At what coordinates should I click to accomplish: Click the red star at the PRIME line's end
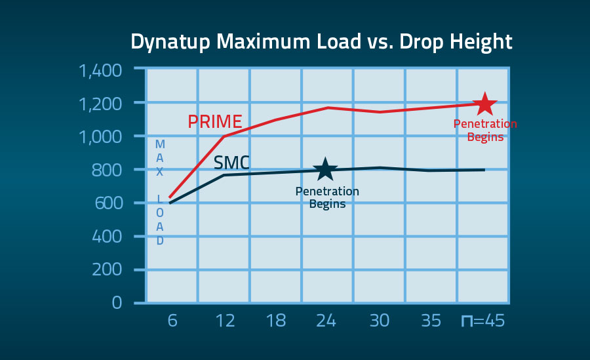484,104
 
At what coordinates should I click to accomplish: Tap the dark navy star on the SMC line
326,170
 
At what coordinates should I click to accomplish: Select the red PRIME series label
215,122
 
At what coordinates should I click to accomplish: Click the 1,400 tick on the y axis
100,70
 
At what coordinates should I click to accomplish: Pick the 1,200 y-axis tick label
100,104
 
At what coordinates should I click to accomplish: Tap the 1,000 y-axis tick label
100,137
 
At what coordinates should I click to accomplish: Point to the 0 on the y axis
117,303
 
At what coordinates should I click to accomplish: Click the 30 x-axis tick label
379,322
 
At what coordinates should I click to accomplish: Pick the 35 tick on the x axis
431,322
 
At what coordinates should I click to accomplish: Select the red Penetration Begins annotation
485,130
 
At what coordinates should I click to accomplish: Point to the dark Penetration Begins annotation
327,197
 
